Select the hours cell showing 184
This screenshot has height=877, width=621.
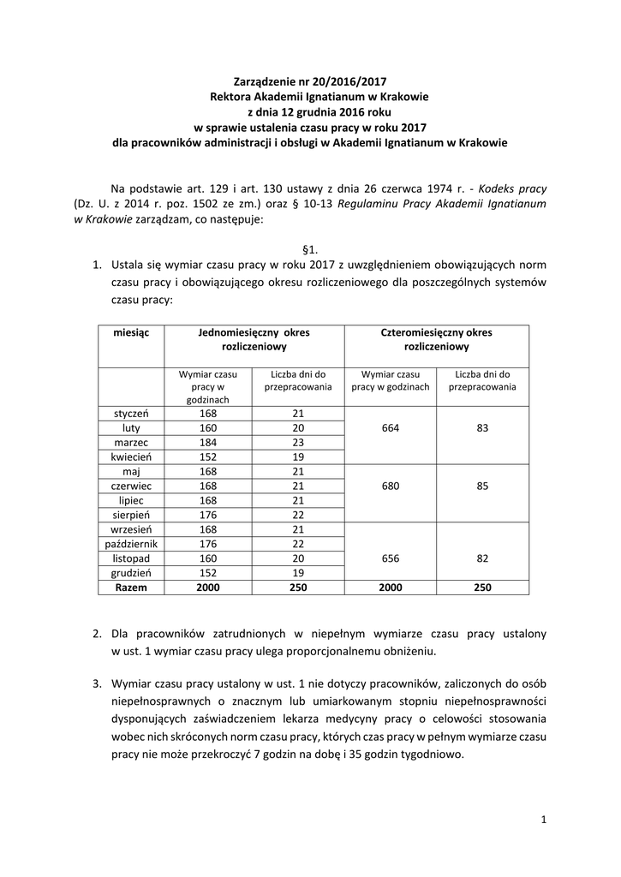click(208, 442)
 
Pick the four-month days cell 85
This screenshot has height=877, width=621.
click(482, 486)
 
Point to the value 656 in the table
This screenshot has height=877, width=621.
click(390, 558)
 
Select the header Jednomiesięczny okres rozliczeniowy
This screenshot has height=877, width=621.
click(254, 340)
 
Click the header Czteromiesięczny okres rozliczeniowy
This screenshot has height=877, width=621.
click(436, 340)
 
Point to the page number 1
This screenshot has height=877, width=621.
click(543, 820)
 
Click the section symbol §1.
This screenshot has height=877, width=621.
click(311, 249)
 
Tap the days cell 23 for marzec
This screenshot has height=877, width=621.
click(298, 442)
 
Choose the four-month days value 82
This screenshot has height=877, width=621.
click(482, 558)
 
